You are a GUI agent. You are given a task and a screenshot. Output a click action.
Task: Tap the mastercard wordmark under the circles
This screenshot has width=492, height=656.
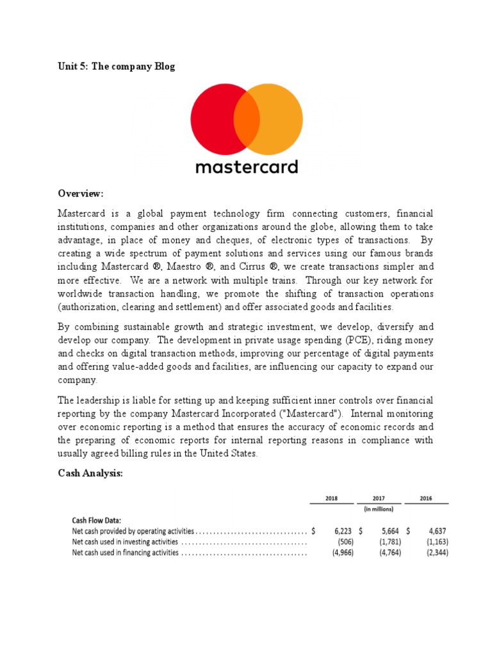[x=246, y=167]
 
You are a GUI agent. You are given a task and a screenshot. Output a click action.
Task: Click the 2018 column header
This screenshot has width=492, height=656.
[x=331, y=498]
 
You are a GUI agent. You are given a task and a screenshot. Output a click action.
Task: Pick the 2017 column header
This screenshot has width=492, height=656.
[x=379, y=498]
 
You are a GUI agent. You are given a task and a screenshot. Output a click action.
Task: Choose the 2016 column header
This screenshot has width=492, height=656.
[x=427, y=498]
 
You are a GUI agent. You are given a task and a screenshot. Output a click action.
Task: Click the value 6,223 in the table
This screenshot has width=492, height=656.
[x=343, y=531]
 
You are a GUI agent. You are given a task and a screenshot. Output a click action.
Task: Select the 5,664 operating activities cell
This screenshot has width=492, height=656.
[x=390, y=531]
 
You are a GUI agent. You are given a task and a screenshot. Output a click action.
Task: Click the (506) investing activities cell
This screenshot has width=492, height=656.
[x=343, y=542]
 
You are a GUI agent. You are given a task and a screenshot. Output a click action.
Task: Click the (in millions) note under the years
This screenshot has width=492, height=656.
[x=379, y=509]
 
